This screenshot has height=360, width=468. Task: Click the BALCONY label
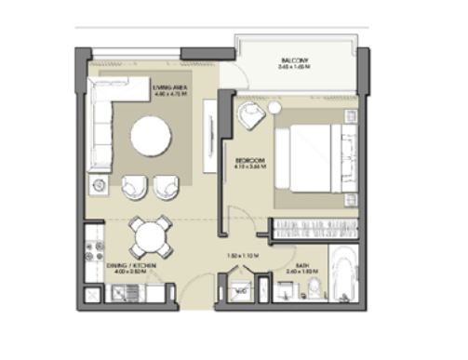(291, 61)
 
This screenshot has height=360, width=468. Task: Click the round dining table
(149, 236)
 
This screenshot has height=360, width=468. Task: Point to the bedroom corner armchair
(249, 117)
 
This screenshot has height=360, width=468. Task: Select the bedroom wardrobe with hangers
(314, 229)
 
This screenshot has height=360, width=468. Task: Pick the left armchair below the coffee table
(134, 186)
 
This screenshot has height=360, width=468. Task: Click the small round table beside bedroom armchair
(274, 109)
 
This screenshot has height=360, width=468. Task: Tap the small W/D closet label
(239, 291)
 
